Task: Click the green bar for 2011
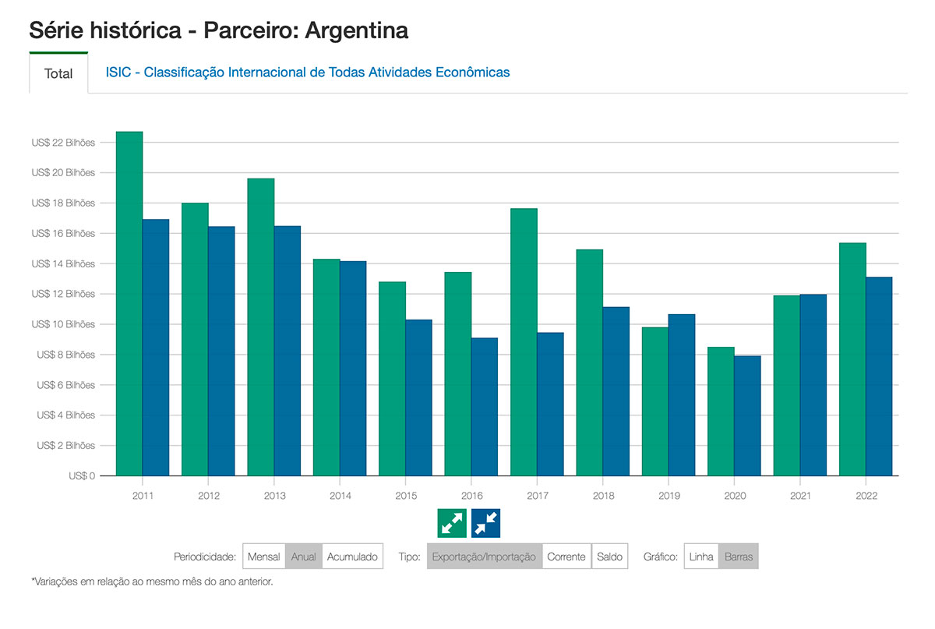(x=129, y=304)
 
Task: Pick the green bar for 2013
(x=261, y=327)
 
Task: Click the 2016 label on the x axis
(x=471, y=496)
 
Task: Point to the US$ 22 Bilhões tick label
(x=63, y=143)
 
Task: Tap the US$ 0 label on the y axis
(x=82, y=475)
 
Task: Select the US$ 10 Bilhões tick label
(x=63, y=324)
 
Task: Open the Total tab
(x=58, y=73)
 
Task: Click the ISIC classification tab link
(x=308, y=72)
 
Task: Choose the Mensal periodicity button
(x=264, y=557)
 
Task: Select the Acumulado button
(x=352, y=557)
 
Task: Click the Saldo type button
(x=609, y=557)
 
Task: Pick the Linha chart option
(x=701, y=557)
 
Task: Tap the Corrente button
(x=566, y=557)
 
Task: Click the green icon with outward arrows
(x=452, y=523)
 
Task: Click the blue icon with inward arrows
(x=485, y=523)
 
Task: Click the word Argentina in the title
(x=357, y=31)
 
